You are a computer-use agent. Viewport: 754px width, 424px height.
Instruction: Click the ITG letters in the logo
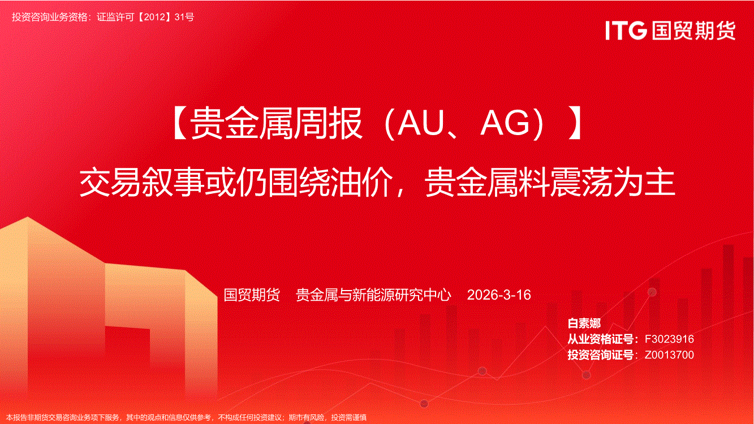(x=626, y=31)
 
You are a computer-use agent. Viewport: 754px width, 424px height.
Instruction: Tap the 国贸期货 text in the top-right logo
(x=693, y=31)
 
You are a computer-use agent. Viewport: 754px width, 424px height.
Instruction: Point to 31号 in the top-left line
(x=184, y=17)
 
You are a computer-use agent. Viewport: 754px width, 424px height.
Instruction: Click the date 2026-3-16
(x=499, y=295)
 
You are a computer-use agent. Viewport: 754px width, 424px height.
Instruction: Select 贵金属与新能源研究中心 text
(x=373, y=295)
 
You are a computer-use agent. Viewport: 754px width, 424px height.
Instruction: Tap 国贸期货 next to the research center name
(x=252, y=295)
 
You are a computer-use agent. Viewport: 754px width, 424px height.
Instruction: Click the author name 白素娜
(x=584, y=323)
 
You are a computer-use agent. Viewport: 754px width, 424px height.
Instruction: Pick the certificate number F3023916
(x=669, y=339)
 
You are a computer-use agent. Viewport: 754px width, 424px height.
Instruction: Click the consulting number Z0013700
(x=669, y=354)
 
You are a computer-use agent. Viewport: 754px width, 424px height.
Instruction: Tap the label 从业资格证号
(x=601, y=339)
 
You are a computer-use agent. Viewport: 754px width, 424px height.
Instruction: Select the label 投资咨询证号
(x=601, y=354)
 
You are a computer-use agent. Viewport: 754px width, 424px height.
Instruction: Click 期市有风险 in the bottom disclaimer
(x=307, y=418)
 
